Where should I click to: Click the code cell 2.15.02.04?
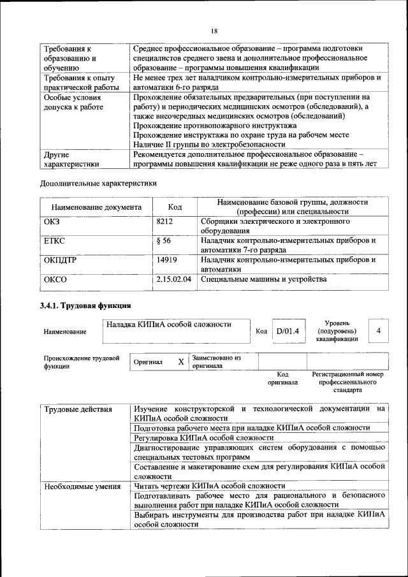coord(173,279)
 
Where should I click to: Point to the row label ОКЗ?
coord(52,221)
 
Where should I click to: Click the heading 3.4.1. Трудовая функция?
coord(85,307)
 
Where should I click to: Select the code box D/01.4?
coord(288,331)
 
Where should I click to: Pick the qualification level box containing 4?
coord(379,331)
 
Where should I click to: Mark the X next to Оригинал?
coord(180,362)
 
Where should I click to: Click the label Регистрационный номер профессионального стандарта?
coord(349,381)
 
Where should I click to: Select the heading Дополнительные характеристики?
coord(98,184)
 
